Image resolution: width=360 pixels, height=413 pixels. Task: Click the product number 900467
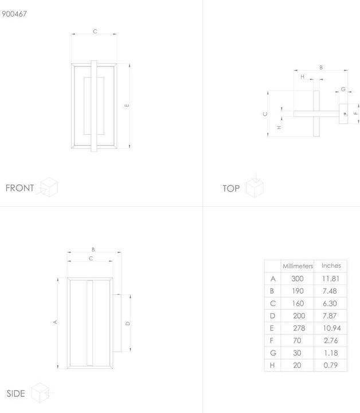click(14, 14)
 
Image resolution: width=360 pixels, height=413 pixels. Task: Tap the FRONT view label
click(19, 188)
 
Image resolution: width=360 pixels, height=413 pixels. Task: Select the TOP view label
click(231, 189)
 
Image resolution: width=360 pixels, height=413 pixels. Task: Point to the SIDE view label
click(16, 393)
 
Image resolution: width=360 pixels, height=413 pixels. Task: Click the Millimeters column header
click(298, 266)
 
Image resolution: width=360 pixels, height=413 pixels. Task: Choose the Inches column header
click(331, 266)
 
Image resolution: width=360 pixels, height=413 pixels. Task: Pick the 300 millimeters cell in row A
click(298, 279)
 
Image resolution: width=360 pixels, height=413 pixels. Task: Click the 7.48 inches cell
click(330, 291)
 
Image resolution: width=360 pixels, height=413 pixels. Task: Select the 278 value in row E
click(299, 328)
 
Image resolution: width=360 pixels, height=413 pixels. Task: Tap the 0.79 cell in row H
click(331, 365)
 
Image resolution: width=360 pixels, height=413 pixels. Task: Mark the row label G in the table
click(273, 353)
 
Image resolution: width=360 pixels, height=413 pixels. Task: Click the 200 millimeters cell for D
click(299, 316)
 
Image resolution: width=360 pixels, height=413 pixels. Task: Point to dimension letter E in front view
click(127, 106)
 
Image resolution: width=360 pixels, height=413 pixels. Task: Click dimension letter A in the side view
click(55, 322)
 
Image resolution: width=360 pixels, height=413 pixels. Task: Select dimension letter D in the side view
click(128, 324)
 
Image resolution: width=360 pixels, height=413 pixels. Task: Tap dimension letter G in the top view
click(343, 89)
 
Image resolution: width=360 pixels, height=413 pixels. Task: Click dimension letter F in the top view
click(356, 113)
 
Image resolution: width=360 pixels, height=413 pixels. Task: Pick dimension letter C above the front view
click(95, 32)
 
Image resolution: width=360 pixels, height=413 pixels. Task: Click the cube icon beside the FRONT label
click(48, 187)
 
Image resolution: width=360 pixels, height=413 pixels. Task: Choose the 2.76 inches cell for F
click(331, 341)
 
